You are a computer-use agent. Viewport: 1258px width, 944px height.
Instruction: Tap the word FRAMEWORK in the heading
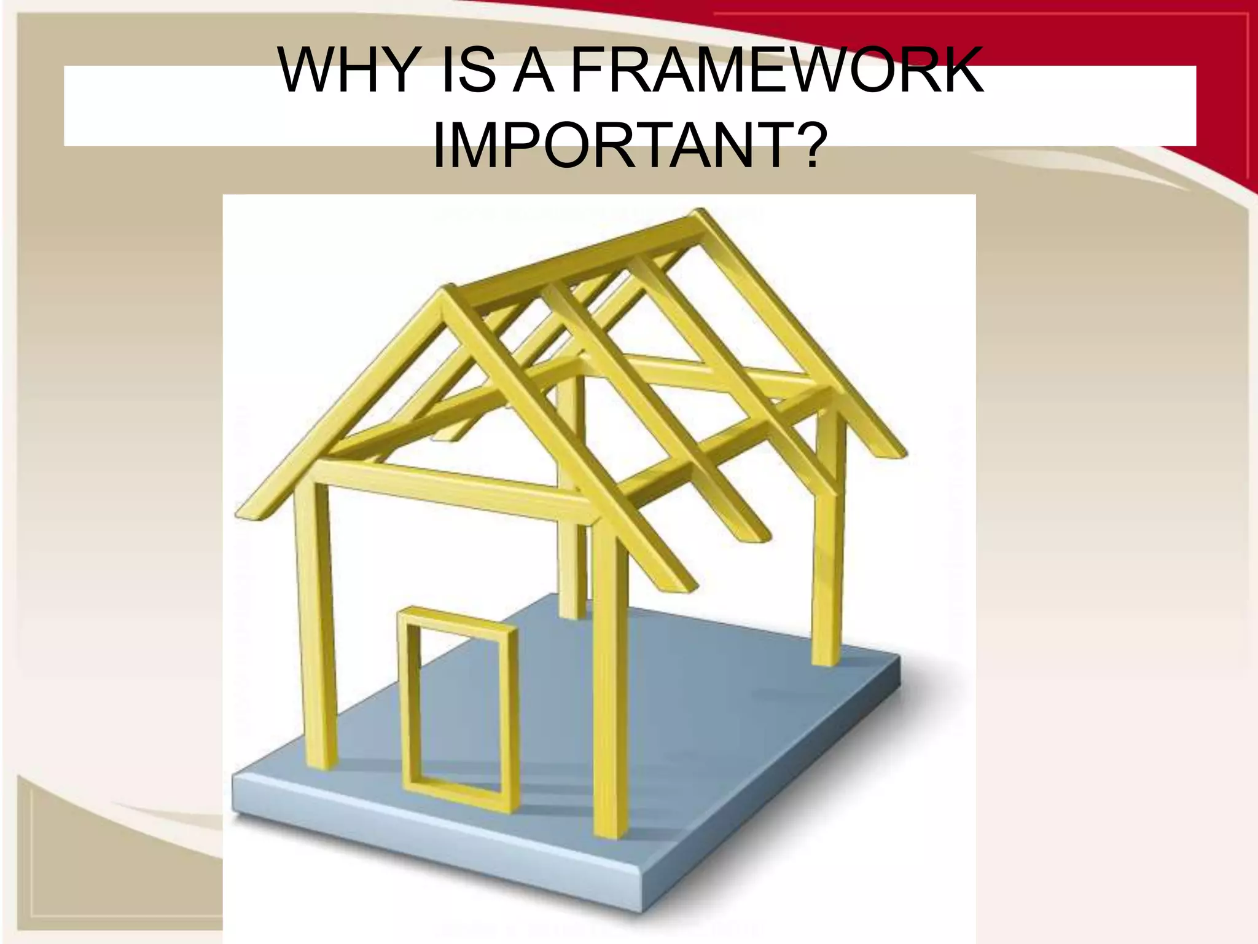point(777,71)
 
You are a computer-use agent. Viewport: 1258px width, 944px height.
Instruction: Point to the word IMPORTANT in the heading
point(611,147)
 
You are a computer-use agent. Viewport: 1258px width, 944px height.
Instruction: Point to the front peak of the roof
point(446,294)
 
